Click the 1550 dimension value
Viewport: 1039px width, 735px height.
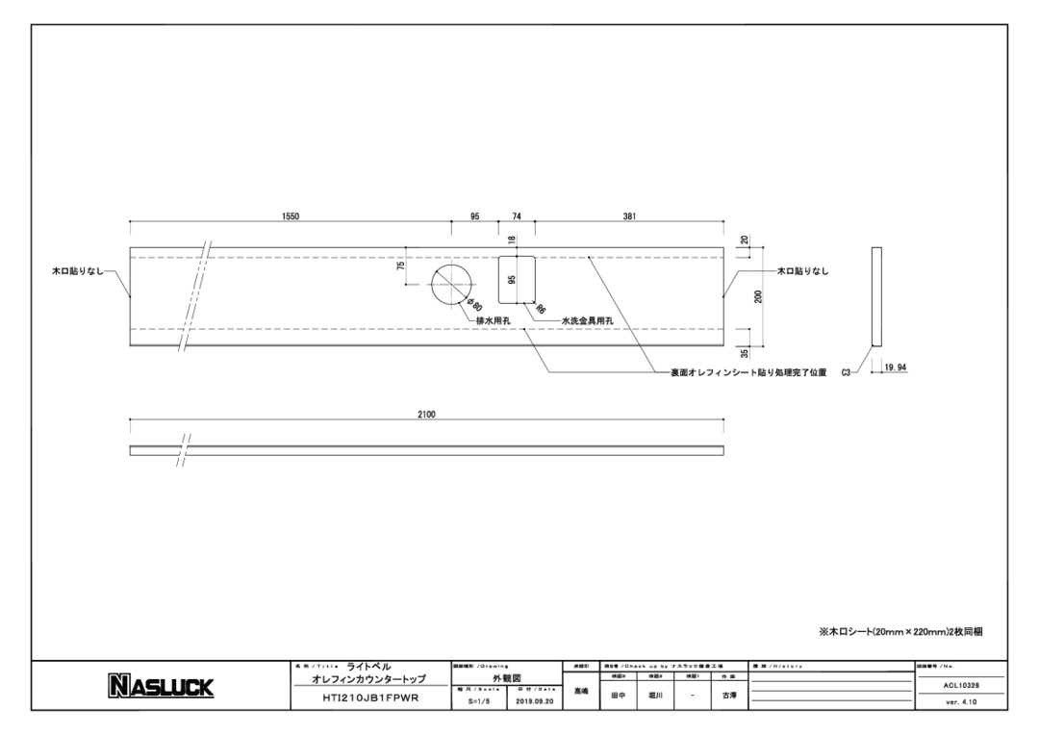point(291,216)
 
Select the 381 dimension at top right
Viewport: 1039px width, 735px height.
point(629,216)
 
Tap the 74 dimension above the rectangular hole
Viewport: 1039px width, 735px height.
point(517,216)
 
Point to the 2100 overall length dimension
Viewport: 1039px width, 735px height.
point(426,415)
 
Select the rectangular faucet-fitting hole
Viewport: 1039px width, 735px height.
point(517,278)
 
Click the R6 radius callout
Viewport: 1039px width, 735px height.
point(541,310)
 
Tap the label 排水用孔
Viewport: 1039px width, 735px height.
point(494,320)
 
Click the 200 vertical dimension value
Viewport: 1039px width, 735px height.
point(759,296)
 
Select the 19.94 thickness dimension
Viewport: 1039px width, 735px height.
point(896,367)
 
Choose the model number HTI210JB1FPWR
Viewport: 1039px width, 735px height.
point(370,699)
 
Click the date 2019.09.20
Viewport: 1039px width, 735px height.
point(534,701)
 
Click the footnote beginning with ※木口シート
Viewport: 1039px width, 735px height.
point(900,631)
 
